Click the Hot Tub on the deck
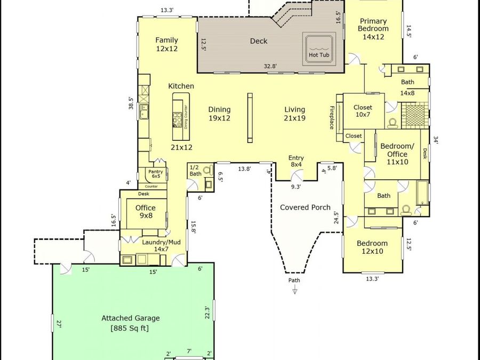pos(319,49)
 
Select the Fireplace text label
pos(332,117)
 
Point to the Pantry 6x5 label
pos(156,174)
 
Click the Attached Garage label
pos(131,318)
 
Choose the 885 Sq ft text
pos(130,329)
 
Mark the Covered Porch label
pos(305,207)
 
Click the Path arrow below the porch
pos(294,289)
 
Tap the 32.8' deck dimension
pos(270,66)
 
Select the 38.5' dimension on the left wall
pos(131,103)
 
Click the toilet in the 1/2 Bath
pos(209,170)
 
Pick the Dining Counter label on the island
pos(186,117)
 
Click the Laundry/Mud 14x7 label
pos(161,245)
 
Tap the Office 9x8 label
pos(146,212)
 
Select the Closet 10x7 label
pos(363,111)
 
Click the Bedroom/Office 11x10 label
pos(397,154)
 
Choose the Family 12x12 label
pos(166,44)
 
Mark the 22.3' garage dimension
pos(207,312)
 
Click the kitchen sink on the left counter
pos(144,111)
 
